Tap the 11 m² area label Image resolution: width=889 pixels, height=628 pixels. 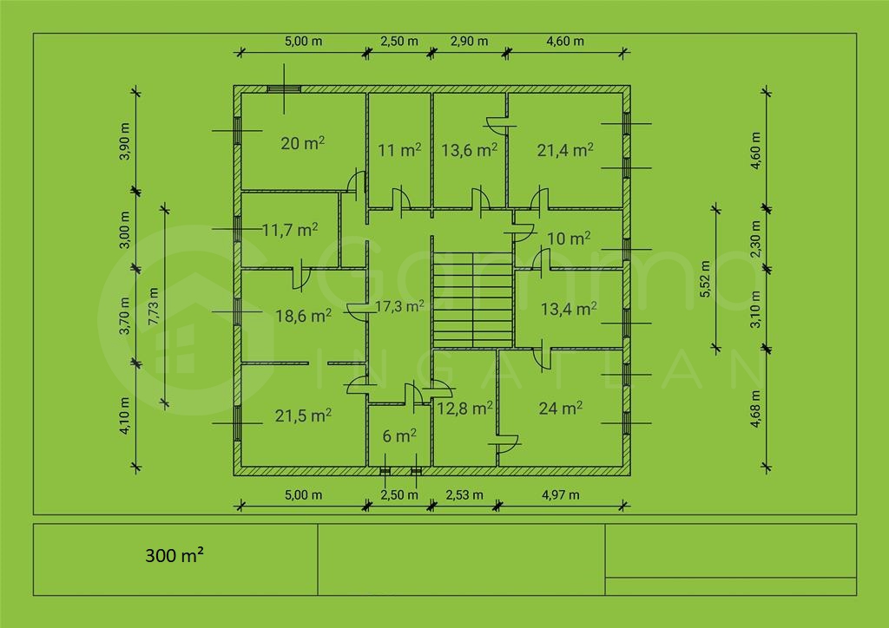tap(399, 149)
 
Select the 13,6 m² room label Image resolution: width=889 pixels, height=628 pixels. tap(469, 149)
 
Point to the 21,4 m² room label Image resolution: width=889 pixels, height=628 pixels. tap(565, 149)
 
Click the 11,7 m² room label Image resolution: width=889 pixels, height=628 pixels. tap(289, 230)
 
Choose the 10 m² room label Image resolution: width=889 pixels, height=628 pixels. tap(570, 238)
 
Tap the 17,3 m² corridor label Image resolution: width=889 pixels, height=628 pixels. tap(399, 306)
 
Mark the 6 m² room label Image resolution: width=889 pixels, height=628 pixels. tap(399, 436)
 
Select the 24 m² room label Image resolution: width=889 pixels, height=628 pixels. tap(560, 408)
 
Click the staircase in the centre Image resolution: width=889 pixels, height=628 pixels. tap(473, 298)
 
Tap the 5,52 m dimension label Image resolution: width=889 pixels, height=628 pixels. tap(705, 279)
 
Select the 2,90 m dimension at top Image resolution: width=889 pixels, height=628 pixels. tap(469, 41)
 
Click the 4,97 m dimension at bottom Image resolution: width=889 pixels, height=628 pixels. tap(560, 494)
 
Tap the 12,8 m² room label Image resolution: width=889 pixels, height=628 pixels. tap(465, 408)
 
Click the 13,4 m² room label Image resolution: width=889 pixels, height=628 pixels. tap(569, 309)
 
